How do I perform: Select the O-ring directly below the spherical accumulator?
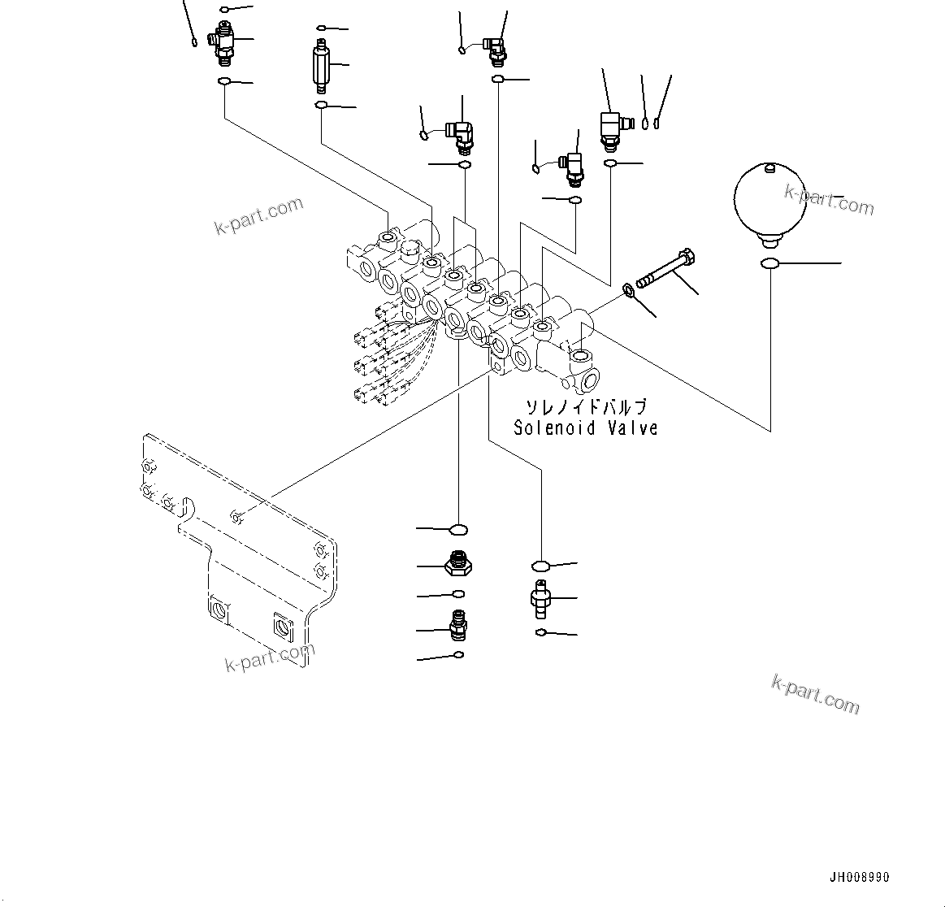pyautogui.click(x=769, y=263)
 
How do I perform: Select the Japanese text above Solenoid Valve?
pyautogui.click(x=585, y=407)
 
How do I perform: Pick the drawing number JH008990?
pyautogui.click(x=859, y=878)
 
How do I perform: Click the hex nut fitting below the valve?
pyautogui.click(x=459, y=563)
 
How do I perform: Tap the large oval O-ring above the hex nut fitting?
pyautogui.click(x=459, y=530)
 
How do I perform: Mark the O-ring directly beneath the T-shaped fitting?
pyautogui.click(x=223, y=82)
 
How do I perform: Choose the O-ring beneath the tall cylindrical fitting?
pyautogui.click(x=322, y=106)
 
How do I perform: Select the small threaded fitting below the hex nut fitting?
pyautogui.click(x=458, y=628)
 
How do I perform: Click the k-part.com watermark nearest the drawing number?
pyautogui.click(x=815, y=693)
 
